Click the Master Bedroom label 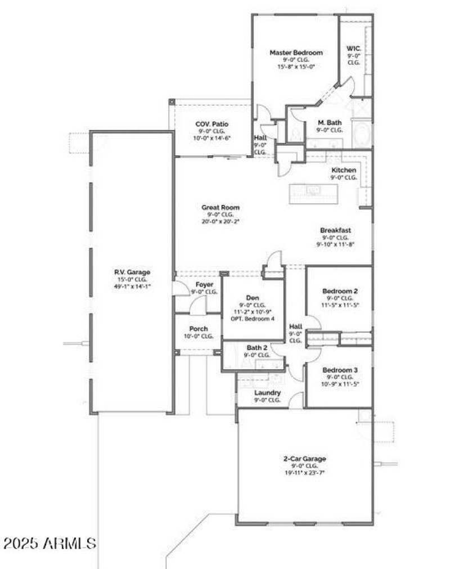pos(296,52)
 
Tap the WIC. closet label pos(353,49)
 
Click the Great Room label pos(220,207)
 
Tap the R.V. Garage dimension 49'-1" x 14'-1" pos(132,286)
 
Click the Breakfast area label pos(336,230)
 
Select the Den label pos(252,297)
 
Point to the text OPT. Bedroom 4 pos(253,319)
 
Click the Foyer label pos(204,284)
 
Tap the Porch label pos(199,329)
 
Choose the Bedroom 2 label pos(340,290)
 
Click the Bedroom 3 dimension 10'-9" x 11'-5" pos(339,384)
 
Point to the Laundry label pos(267,392)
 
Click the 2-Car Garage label pos(305,458)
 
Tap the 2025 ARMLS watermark pos(49,544)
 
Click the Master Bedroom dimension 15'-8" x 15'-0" pos(296,66)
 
